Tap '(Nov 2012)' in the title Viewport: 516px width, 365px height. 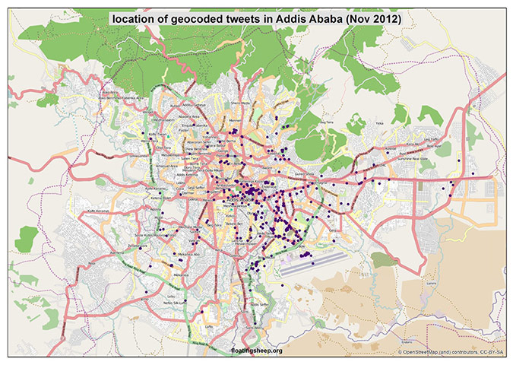379,17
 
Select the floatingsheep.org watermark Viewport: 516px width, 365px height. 256,351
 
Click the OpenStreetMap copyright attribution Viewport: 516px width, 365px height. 450,352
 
